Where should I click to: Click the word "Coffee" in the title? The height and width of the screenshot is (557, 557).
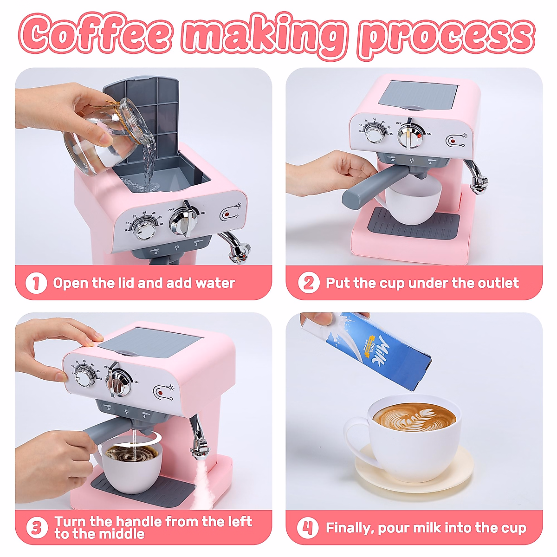[95, 33]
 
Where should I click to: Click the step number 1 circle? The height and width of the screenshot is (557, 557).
[36, 283]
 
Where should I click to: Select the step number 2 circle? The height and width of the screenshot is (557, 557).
[309, 283]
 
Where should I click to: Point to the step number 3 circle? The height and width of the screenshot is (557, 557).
[37, 528]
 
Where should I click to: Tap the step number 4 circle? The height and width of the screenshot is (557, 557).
[308, 528]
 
